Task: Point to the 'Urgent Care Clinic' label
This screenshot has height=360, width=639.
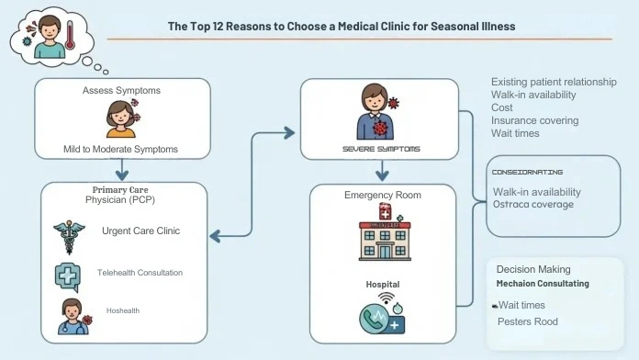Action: [140, 231]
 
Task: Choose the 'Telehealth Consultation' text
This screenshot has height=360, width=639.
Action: [140, 273]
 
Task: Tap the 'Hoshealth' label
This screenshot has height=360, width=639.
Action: [122, 310]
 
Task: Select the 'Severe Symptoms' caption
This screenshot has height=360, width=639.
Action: [379, 148]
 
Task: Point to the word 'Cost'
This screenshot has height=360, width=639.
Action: [501, 107]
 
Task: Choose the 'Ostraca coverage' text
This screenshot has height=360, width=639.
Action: [532, 204]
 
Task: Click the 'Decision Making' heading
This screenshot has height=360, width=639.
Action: [532, 269]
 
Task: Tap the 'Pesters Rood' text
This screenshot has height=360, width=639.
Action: [527, 321]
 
